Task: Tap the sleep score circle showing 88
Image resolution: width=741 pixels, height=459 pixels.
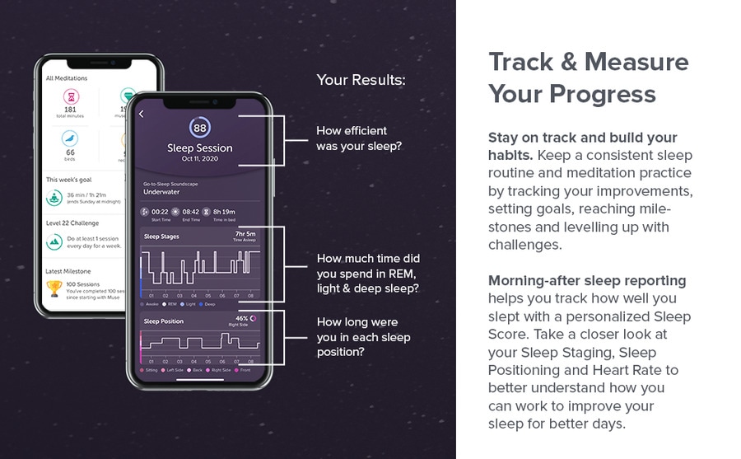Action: coord(200,128)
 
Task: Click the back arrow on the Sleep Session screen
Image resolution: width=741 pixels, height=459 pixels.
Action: coord(141,114)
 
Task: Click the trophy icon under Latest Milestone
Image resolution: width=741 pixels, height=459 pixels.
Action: coord(55,288)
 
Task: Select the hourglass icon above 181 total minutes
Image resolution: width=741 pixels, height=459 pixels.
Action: coord(70,96)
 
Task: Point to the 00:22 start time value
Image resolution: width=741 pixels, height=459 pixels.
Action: coord(161,212)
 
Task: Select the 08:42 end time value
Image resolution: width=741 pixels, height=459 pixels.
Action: coord(190,212)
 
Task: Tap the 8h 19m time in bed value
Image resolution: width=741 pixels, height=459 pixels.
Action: coord(223,212)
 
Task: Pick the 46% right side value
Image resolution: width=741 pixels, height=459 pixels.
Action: coord(241,317)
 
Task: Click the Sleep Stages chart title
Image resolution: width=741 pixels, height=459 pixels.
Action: coord(161,237)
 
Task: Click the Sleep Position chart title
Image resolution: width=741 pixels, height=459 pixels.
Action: coord(164,321)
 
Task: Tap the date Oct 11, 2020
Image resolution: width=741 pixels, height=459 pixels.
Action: coord(200,158)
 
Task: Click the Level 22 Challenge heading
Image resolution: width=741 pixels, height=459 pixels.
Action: coord(72,223)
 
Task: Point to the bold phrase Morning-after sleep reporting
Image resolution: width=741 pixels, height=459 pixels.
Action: coord(587,280)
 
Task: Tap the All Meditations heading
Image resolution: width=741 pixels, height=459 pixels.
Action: coord(67,78)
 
